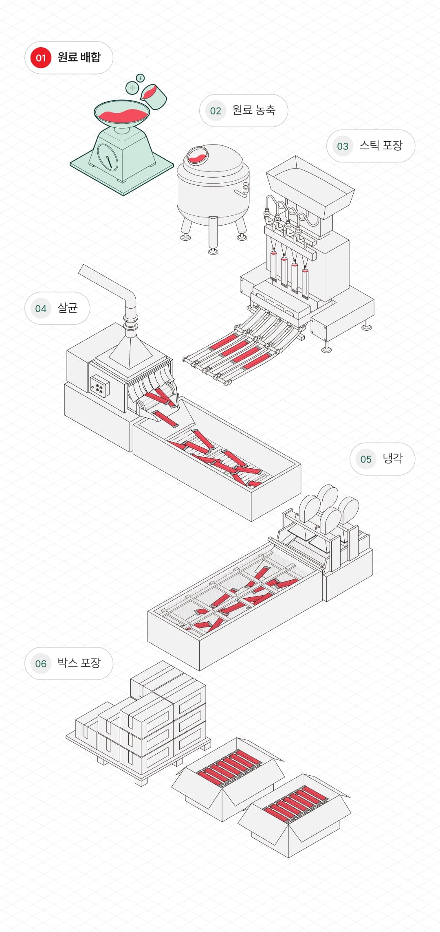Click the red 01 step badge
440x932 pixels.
tap(41, 58)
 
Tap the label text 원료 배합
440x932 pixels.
tap(79, 57)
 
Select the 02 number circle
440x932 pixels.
tap(216, 111)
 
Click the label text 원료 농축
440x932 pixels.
tap(254, 110)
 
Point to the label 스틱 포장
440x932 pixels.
tap(381, 145)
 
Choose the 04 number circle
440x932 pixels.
tap(41, 309)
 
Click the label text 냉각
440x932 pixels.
tap(392, 458)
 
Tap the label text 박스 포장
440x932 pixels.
tap(79, 663)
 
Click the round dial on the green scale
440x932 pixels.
tap(108, 157)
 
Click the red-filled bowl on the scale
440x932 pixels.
tap(121, 114)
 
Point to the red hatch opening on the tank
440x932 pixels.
tap(197, 155)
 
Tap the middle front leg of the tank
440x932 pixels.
tap(213, 235)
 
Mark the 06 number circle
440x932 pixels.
tap(41, 664)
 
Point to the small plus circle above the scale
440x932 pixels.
tap(140, 78)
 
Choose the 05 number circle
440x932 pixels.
tap(366, 459)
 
